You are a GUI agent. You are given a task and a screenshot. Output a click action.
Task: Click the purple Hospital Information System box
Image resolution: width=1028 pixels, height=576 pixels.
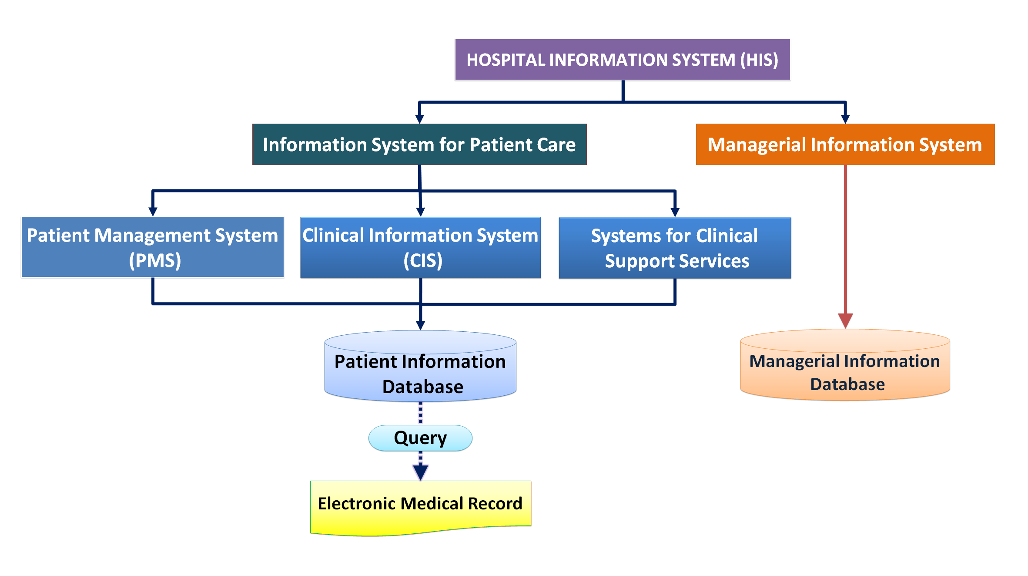(622, 60)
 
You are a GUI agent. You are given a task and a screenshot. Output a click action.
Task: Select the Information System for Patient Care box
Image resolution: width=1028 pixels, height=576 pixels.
(419, 145)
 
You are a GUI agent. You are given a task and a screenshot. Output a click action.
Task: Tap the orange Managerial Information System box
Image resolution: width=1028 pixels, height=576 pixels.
(845, 145)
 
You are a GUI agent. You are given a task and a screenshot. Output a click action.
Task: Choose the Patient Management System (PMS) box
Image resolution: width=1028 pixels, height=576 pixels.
(152, 247)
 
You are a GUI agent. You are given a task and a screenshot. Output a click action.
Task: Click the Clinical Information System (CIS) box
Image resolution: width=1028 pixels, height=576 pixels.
(420, 247)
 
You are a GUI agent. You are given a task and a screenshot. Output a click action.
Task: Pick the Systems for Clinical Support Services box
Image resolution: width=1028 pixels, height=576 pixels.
(674, 248)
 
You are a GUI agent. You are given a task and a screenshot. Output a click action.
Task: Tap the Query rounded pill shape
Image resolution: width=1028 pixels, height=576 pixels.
(420, 438)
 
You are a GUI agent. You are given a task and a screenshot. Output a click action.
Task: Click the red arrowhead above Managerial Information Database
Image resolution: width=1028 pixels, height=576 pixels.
(845, 320)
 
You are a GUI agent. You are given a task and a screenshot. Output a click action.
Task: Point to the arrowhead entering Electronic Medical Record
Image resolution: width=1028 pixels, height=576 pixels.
(420, 472)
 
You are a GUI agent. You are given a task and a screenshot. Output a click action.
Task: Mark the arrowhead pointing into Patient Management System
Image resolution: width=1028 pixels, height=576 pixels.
(153, 212)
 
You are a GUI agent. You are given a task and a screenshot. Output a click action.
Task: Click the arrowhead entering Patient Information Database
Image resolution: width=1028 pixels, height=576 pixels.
(420, 325)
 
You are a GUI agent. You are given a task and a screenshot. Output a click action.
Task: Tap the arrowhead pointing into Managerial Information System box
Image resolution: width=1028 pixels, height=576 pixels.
(845, 119)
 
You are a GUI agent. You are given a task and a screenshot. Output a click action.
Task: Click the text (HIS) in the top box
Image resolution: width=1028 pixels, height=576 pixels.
(759, 60)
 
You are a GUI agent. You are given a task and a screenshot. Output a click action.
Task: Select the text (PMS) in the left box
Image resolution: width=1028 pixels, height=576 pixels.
(155, 260)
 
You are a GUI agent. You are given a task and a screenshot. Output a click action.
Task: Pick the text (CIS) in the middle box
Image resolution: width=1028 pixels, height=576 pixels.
(422, 260)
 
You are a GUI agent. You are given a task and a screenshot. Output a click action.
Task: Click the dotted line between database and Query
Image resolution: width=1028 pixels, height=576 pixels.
(420, 413)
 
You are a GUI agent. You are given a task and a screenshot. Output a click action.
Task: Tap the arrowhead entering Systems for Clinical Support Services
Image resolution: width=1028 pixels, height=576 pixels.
(675, 212)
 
